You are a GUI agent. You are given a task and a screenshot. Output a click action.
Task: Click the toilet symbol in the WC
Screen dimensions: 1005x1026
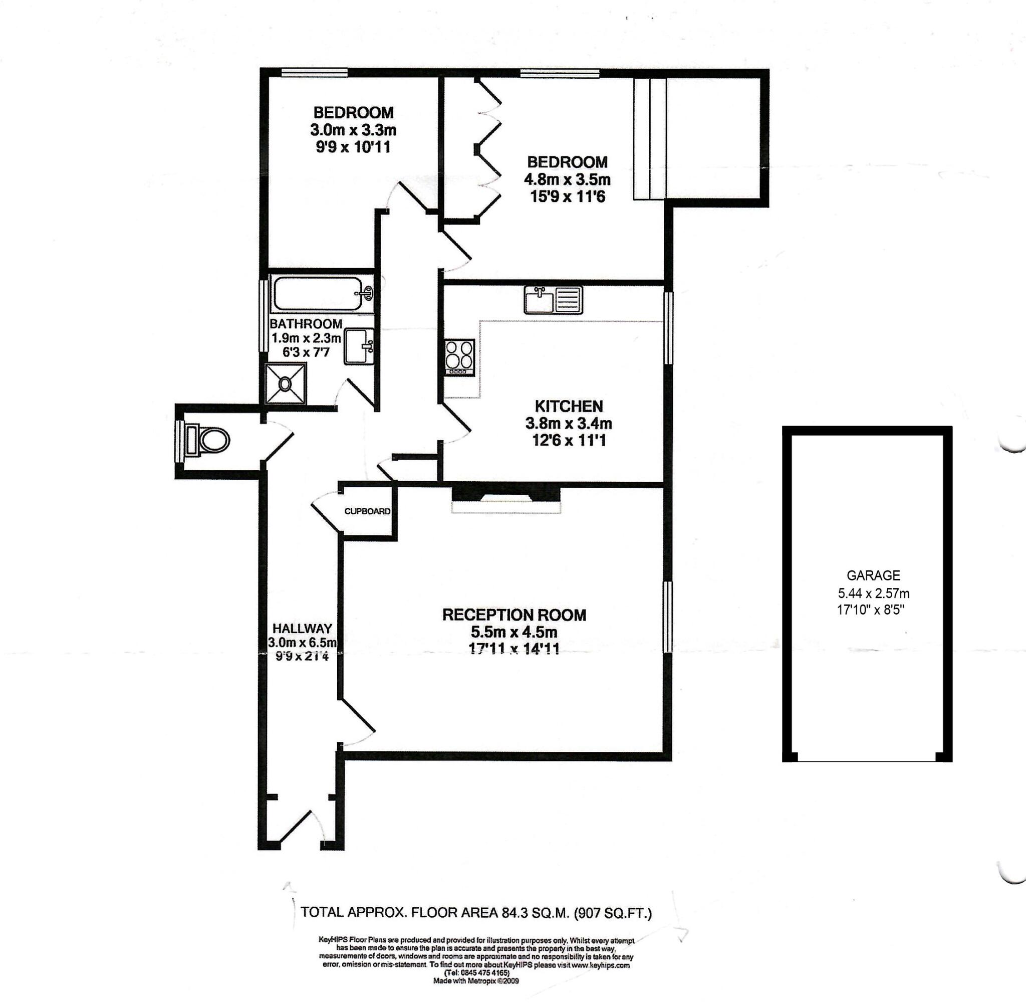(x=209, y=440)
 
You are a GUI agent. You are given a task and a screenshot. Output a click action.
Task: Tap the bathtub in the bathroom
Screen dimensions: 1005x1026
(x=317, y=295)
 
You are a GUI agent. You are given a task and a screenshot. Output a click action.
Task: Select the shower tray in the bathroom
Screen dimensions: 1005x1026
(x=286, y=384)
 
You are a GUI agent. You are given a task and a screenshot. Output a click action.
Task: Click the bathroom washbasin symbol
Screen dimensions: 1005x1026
(x=359, y=346)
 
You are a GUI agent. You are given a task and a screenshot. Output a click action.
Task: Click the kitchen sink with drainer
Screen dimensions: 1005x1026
(x=553, y=300)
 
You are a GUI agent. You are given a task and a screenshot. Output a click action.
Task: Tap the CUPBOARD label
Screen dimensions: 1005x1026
(x=367, y=511)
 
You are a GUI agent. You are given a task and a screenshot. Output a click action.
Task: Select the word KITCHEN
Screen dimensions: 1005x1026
(x=568, y=407)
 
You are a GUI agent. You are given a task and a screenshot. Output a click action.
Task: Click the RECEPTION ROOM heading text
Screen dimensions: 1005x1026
(x=514, y=615)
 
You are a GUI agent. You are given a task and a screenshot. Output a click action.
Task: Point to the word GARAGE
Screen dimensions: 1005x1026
(x=873, y=575)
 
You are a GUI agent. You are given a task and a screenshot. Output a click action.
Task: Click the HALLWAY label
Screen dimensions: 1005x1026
(x=302, y=628)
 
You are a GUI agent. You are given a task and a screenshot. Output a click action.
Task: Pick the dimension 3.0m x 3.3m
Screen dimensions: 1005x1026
(x=353, y=129)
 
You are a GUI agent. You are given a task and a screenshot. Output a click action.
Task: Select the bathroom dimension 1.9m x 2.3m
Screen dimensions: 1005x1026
(x=306, y=338)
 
